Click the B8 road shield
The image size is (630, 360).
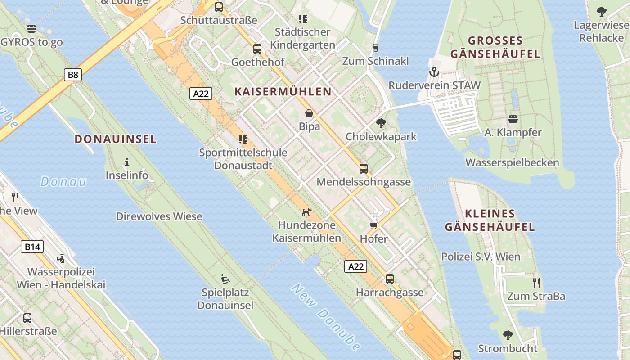click(x=72, y=75)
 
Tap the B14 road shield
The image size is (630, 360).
click(x=32, y=247)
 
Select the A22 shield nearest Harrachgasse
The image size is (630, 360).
click(x=356, y=266)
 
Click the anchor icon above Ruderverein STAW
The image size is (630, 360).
click(x=434, y=72)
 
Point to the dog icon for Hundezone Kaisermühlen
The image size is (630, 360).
click(x=306, y=212)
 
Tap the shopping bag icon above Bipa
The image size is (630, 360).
click(x=309, y=113)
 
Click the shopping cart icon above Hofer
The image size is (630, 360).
click(x=373, y=225)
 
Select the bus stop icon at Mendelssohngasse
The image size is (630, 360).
click(x=363, y=169)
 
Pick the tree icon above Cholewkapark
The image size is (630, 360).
click(x=381, y=123)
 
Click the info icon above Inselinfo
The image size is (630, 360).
click(x=127, y=162)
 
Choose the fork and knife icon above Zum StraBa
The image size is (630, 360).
click(x=536, y=283)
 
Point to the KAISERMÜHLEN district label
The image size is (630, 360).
click(x=283, y=92)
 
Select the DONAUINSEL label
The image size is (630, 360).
click(x=116, y=139)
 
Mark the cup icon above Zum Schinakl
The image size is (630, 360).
click(x=376, y=47)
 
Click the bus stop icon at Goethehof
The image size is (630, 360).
click(x=257, y=49)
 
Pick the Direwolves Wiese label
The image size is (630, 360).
click(x=159, y=216)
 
